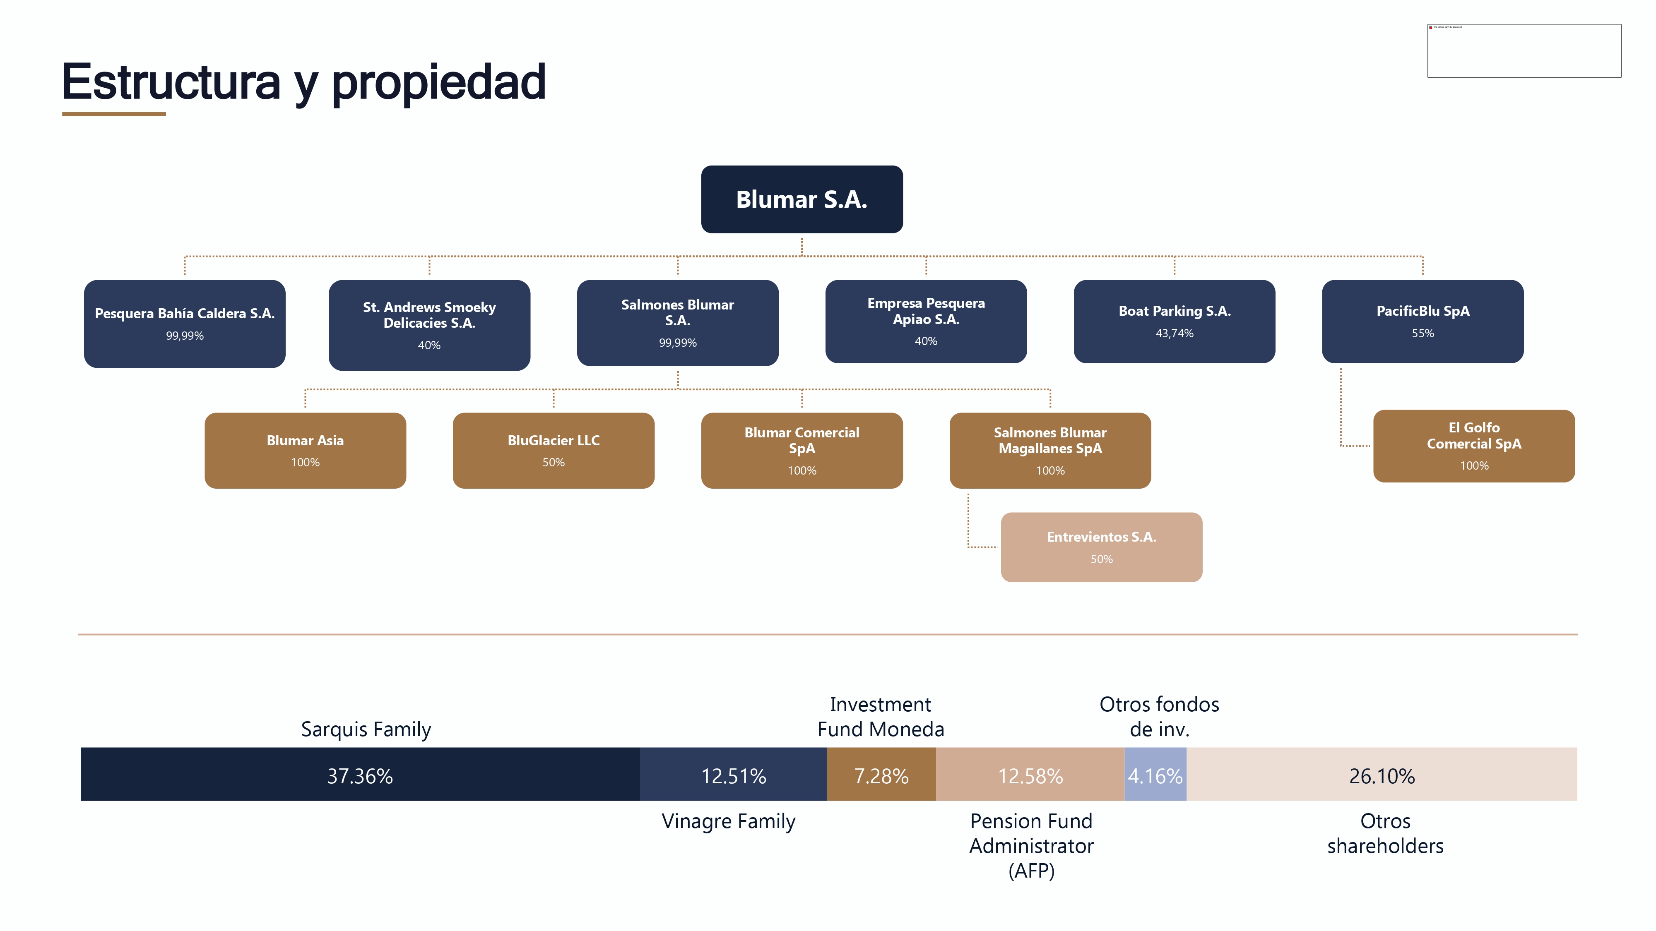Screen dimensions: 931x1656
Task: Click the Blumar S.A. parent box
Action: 802,199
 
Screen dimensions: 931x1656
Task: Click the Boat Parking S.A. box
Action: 1174,321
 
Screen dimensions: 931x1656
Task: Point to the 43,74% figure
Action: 1174,333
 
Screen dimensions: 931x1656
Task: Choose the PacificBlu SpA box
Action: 1422,321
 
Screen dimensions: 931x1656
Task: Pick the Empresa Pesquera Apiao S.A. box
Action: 926,321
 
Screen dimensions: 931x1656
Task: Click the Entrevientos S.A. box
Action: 1101,547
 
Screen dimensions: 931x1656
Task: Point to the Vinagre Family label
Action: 728,821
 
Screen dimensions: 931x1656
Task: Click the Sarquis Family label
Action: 366,729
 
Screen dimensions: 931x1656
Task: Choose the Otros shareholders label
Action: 1385,833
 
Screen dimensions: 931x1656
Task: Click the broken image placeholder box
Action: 1524,51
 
